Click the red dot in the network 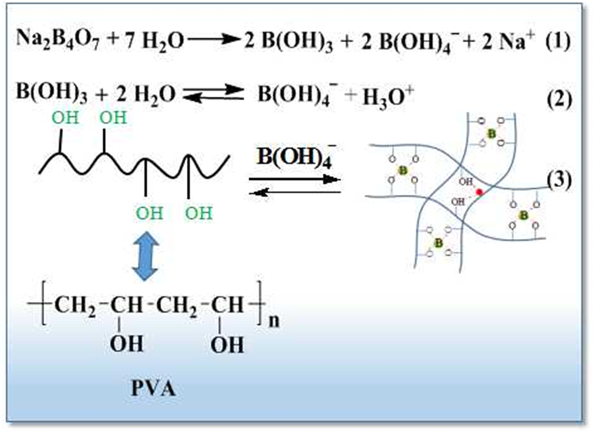pyautogui.click(x=480, y=191)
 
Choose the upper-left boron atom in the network pyautogui.click(x=402, y=170)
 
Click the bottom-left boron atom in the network pyautogui.click(x=440, y=242)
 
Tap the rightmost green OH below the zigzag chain pyautogui.click(x=198, y=213)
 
